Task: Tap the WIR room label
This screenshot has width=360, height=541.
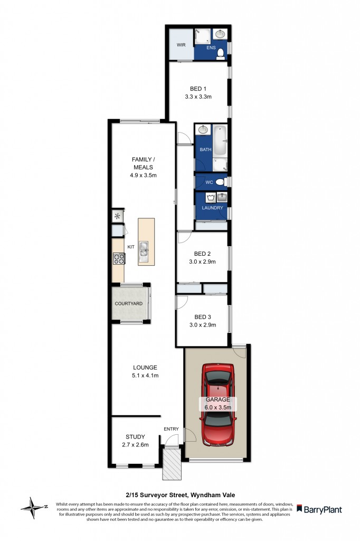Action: point(180,45)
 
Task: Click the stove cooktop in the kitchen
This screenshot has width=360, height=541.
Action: point(118,258)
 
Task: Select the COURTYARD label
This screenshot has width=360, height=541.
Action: point(130,304)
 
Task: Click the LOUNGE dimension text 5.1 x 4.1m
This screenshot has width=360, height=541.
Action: point(145,376)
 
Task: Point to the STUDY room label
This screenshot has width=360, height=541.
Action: point(135,436)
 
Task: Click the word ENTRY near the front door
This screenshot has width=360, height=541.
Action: point(172,429)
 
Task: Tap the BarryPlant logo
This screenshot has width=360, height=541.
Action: point(319,510)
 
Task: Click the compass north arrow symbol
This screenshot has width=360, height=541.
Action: point(33,508)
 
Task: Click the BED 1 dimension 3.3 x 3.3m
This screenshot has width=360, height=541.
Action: point(198,97)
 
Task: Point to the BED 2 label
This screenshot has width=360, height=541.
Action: point(202,253)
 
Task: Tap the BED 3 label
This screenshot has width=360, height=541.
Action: point(202,317)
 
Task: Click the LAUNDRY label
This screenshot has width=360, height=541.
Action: point(212,208)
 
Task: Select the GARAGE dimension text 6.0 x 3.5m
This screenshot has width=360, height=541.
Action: point(217,407)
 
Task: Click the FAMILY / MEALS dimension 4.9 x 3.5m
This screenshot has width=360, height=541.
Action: point(143,175)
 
